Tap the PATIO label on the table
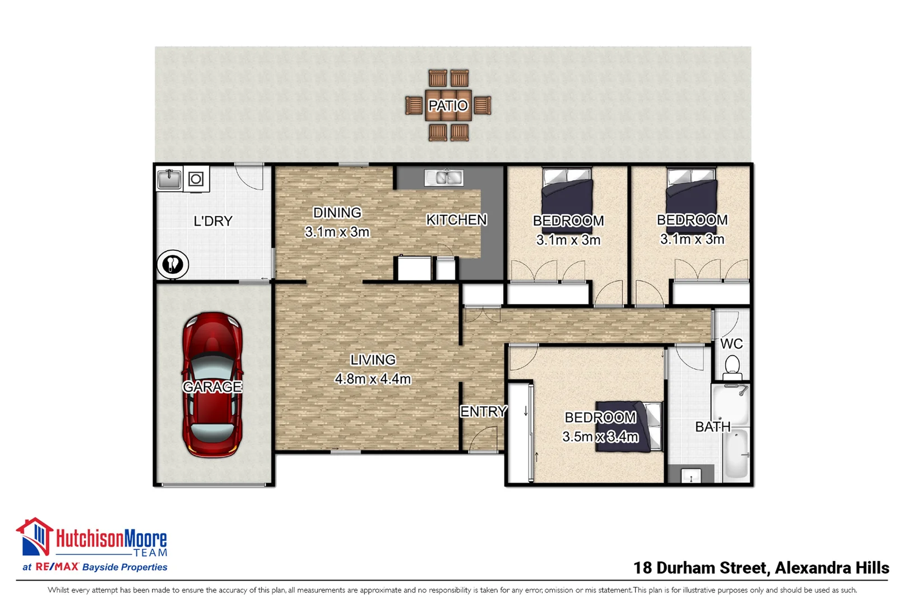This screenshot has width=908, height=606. click(x=447, y=105)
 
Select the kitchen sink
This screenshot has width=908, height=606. click(x=443, y=178)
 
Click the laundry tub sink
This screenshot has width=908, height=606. click(x=169, y=180)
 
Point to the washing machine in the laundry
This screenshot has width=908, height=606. click(x=196, y=180)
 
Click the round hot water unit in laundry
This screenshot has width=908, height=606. click(x=172, y=264)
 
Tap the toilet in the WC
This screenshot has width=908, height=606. click(x=732, y=368)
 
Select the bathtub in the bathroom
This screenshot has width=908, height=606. click(x=736, y=452)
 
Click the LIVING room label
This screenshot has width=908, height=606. click(x=373, y=360)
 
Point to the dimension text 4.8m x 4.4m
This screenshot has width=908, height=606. click(x=373, y=379)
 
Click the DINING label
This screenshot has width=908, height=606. click(x=337, y=213)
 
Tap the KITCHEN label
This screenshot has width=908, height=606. click(x=456, y=220)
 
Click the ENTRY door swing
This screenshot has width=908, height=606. click(x=483, y=439)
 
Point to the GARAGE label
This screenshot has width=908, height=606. click(x=212, y=387)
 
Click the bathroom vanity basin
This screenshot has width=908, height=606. click(x=691, y=476)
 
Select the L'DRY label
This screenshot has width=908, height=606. click(x=212, y=221)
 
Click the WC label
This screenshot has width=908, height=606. click(x=731, y=344)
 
